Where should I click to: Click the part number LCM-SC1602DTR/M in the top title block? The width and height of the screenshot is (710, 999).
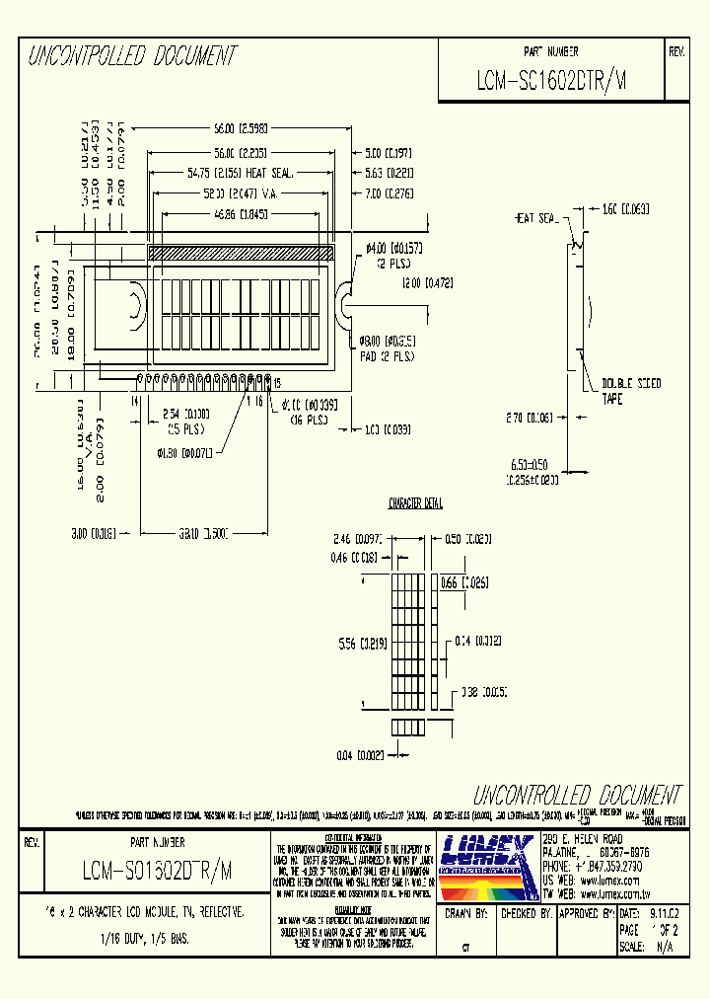click(550, 84)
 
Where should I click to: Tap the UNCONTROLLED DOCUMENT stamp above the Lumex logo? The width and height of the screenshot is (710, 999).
click(577, 795)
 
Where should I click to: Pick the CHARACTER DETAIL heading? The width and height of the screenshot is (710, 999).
click(415, 503)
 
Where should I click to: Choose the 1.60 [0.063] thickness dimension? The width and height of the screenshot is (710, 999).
click(623, 209)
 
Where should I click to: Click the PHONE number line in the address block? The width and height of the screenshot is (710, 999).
click(589, 865)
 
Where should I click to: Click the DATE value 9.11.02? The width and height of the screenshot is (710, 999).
click(665, 915)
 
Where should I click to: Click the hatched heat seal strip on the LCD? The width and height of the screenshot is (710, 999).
click(242, 254)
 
